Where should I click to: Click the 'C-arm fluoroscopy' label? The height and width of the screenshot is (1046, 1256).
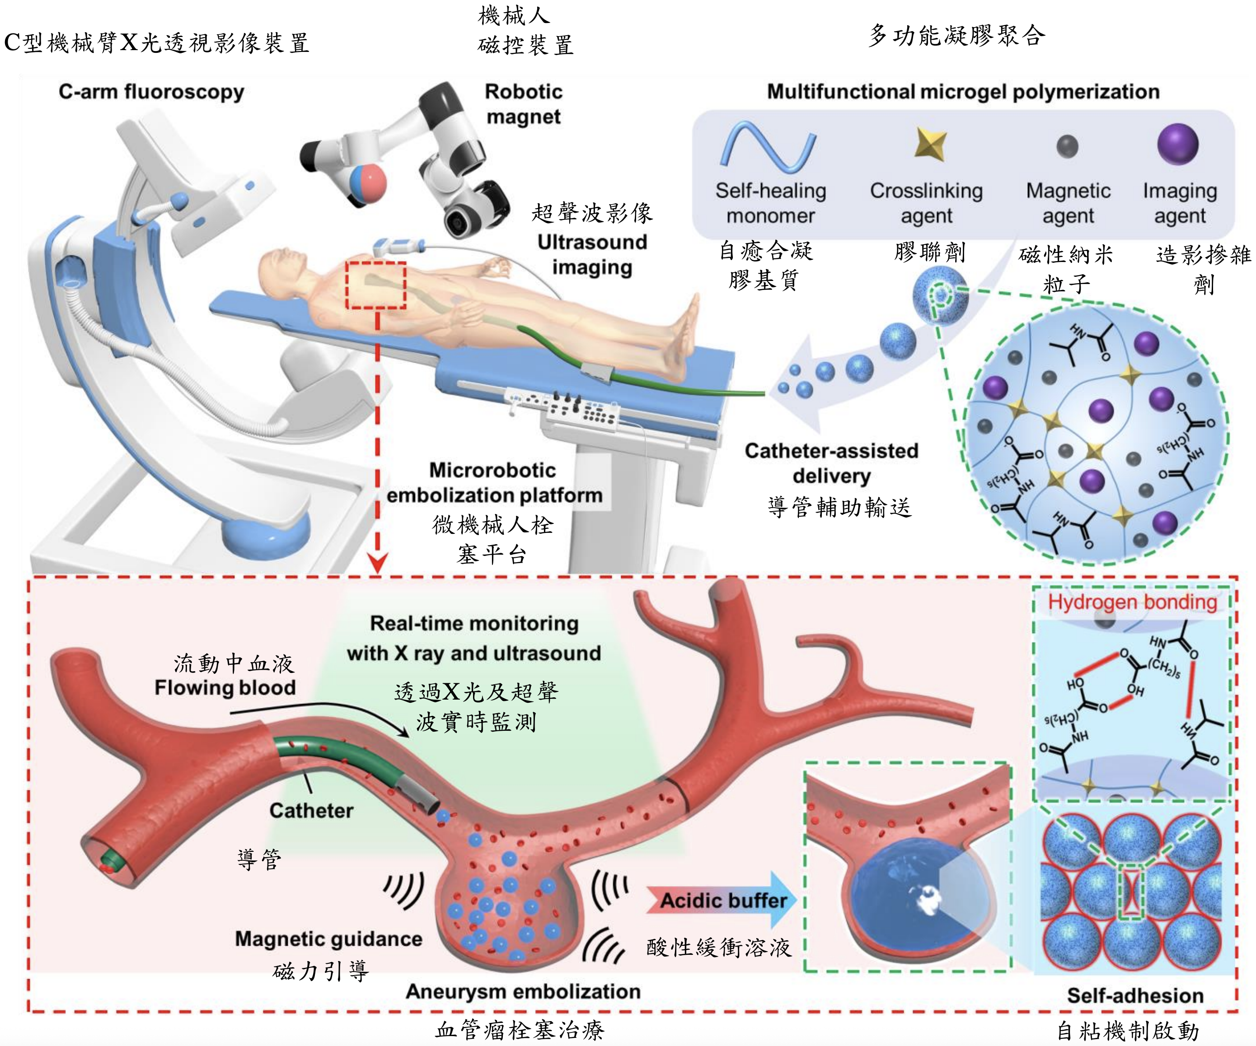click(x=151, y=92)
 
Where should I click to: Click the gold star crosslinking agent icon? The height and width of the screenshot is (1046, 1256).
click(x=931, y=144)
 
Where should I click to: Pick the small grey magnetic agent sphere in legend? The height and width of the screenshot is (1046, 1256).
click(x=1068, y=146)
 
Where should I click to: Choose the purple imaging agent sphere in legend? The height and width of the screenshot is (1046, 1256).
click(x=1178, y=144)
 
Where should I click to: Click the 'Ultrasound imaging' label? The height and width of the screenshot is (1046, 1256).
click(x=592, y=255)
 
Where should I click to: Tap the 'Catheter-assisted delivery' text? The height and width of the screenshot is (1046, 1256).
click(x=831, y=463)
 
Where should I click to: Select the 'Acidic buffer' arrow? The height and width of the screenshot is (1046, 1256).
click(x=722, y=900)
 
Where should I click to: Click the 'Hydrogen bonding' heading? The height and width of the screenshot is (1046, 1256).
click(x=1132, y=602)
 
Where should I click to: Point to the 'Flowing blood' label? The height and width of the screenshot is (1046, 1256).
click(x=225, y=687)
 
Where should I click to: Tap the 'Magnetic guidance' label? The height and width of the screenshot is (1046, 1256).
click(x=328, y=939)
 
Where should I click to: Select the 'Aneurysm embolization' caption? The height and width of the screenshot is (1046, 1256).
click(x=523, y=991)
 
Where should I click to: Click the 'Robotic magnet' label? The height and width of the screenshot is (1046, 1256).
click(x=523, y=104)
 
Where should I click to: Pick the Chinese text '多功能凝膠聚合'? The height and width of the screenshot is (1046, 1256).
click(x=956, y=36)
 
